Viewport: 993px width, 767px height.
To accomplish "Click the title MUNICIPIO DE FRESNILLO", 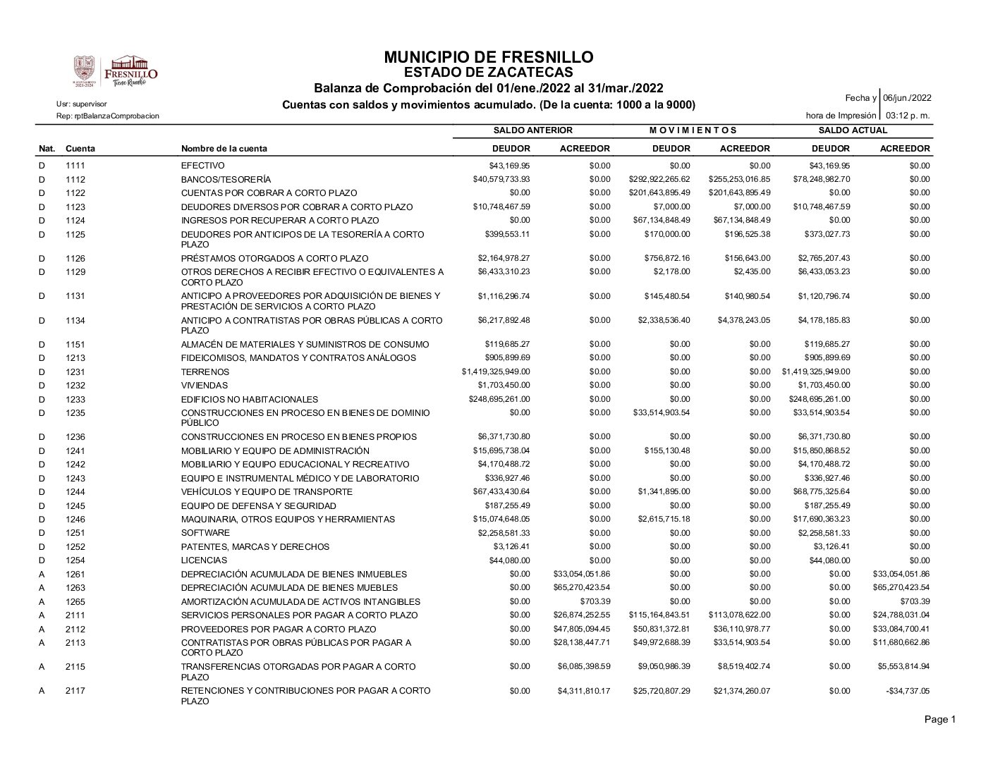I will [x=489, y=57].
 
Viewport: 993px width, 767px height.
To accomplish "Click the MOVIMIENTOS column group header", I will [x=693, y=130].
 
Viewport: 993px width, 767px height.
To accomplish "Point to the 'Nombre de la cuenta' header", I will [x=224, y=149].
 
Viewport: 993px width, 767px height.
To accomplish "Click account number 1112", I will [x=75, y=179].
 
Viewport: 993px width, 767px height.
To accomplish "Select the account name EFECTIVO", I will [x=203, y=166].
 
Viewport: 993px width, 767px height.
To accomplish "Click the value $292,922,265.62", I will [x=659, y=179].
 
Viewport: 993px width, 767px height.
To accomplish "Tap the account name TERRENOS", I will [x=205, y=372].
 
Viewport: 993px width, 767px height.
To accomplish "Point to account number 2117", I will [x=75, y=691].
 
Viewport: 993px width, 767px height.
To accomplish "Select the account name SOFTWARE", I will [x=205, y=533].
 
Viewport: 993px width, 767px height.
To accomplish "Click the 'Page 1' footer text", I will [x=940, y=720].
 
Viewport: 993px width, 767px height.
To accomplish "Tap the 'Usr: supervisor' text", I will [x=82, y=104].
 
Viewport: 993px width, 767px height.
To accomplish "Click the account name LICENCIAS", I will [x=204, y=560].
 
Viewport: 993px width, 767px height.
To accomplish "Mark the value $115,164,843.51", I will [x=659, y=615].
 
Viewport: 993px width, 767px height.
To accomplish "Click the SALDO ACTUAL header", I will [x=853, y=130].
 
